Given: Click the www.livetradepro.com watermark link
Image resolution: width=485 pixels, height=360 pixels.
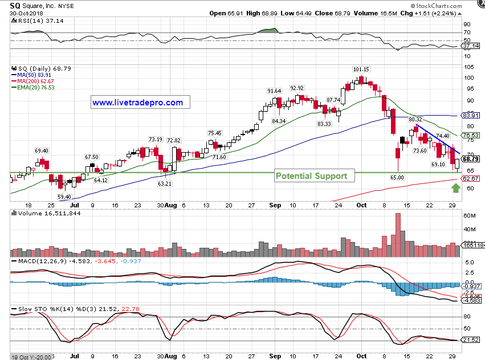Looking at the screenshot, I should click(137, 103).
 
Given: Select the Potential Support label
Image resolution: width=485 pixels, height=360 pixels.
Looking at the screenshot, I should click(311, 176).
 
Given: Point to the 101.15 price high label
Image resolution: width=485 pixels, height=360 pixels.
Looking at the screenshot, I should click(361, 69).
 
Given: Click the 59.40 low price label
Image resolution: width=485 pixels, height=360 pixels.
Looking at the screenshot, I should click(65, 197).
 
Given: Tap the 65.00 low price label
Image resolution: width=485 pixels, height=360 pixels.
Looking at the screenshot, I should click(397, 178).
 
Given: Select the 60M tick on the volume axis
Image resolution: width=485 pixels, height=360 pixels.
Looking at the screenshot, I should click(470, 216).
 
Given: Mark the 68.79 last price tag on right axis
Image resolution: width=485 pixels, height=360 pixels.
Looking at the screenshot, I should click(470, 159).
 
